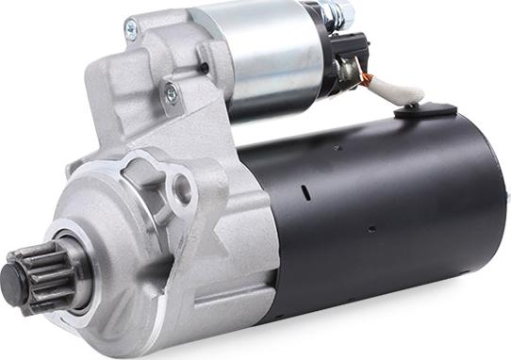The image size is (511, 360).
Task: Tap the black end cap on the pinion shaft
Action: coord(12,278)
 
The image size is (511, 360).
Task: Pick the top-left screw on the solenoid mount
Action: coord(130,30)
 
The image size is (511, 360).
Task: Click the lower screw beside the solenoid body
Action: coord(172,92)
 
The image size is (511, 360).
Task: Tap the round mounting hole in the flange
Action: coord(181,188)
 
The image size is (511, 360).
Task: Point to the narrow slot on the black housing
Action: coord(305,193)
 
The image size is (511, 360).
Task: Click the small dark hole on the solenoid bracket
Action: coord(204,68)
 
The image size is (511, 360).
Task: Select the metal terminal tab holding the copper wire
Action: coord(351,71)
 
